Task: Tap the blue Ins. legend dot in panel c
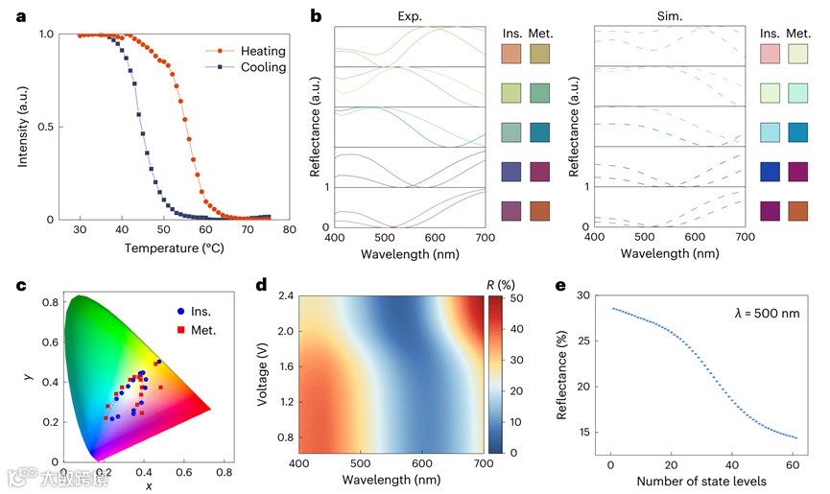click(182, 311)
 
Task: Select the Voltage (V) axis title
click(261, 373)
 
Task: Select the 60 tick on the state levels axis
click(793, 463)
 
